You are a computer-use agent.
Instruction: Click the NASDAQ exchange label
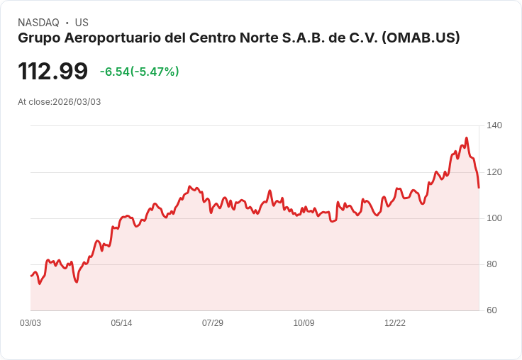[x=38, y=23]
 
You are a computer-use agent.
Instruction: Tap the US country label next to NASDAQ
[x=82, y=23]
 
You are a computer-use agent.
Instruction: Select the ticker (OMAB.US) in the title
[x=421, y=38]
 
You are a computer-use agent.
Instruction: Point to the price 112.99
[x=52, y=71]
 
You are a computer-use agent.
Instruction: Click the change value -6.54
[x=114, y=72]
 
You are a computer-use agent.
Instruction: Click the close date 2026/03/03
[x=77, y=102]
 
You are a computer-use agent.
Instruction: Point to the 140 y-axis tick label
[x=494, y=125]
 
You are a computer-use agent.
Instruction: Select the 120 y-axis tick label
[x=494, y=172]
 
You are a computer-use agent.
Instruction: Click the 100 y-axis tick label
[x=494, y=218]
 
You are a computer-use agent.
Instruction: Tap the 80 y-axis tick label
[x=492, y=264]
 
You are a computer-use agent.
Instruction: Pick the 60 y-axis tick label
[x=492, y=310]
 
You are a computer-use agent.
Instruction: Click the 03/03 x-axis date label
[x=30, y=323]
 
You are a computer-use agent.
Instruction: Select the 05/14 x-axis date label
[x=121, y=323]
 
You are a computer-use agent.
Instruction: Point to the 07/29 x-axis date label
[x=213, y=323]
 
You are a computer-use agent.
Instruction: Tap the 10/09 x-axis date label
[x=304, y=323]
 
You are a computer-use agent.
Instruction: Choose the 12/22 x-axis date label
[x=395, y=323]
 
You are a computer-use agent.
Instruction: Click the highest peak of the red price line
[x=467, y=138]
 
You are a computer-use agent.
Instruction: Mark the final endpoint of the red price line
[x=479, y=188]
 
